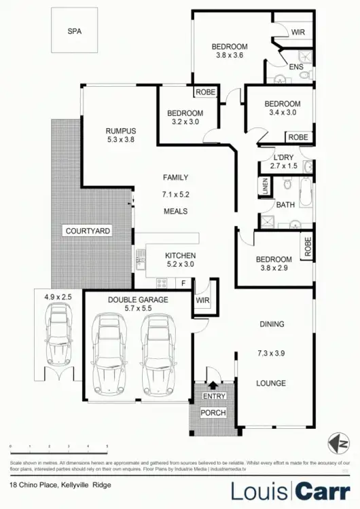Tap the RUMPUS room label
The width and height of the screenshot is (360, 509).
[122, 131]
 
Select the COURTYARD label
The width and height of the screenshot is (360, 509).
[88, 231]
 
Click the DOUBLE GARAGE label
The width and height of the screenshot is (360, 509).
[137, 299]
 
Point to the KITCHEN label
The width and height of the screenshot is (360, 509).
[180, 256]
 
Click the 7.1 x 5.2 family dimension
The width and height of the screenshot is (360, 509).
[175, 194]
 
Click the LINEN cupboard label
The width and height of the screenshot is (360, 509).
[264, 186]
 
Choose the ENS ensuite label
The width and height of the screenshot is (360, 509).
[296, 67]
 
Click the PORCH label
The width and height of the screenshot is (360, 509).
[213, 413]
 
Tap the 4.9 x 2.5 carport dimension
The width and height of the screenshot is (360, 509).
[58, 297]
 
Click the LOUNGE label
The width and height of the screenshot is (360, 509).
[271, 383]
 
